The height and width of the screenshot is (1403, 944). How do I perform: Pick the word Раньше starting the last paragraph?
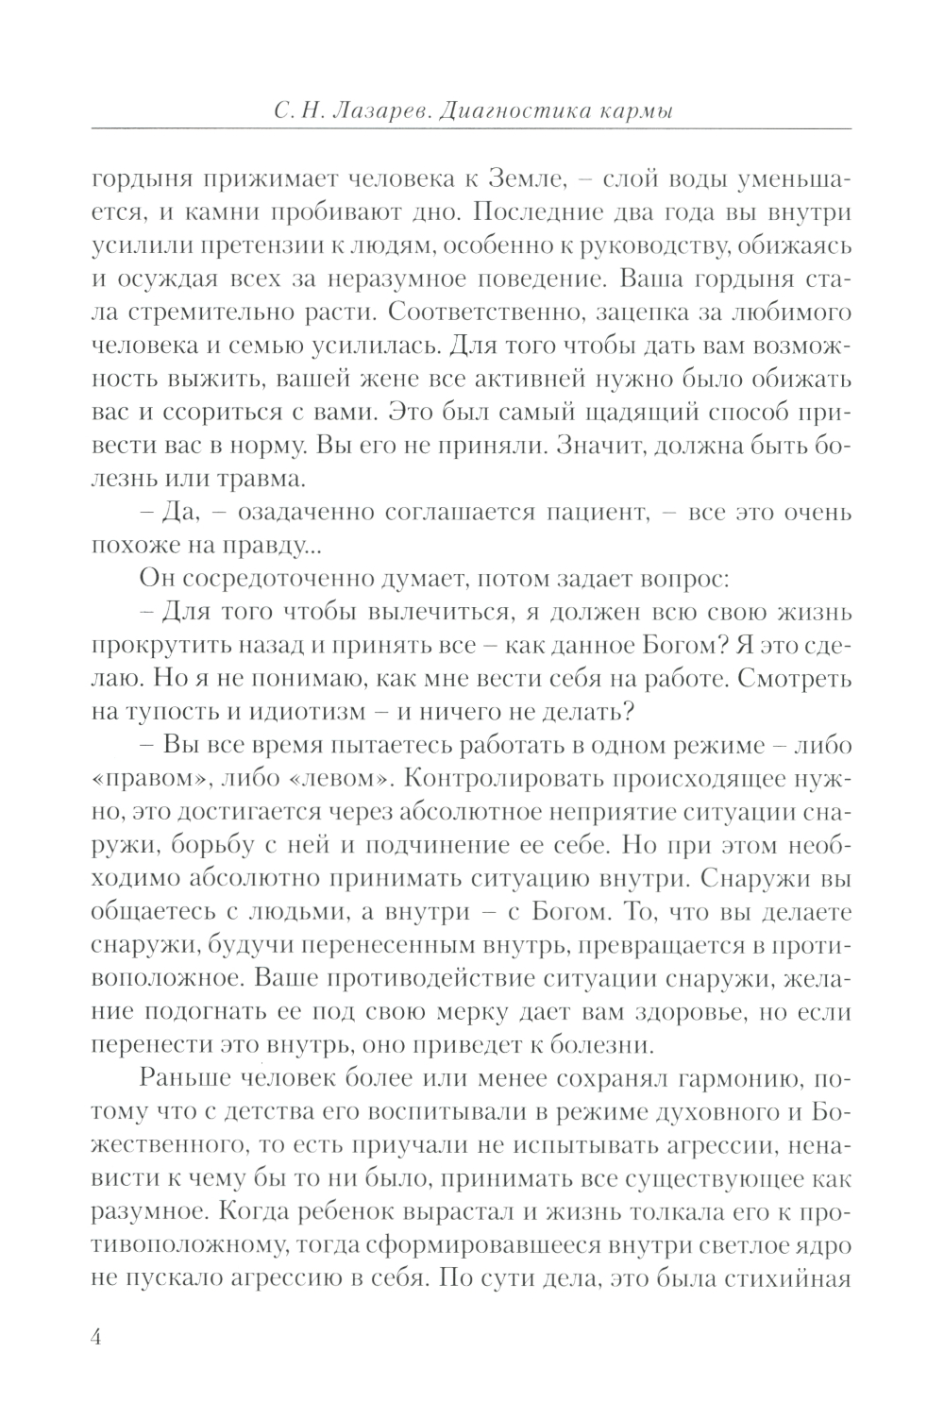[x=188, y=1079]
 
